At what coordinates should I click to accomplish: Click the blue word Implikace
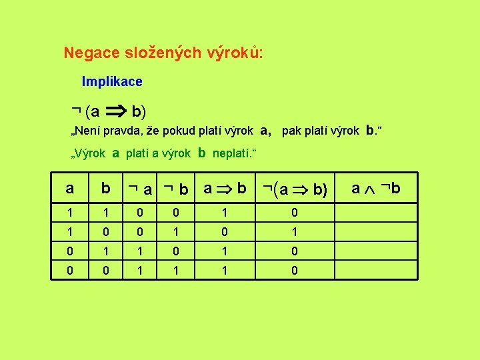click(x=112, y=82)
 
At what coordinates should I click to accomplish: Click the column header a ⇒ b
click(x=225, y=189)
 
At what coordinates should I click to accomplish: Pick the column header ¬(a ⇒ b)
click(x=295, y=190)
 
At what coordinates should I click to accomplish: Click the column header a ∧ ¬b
click(x=376, y=189)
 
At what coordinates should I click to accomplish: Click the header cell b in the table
click(x=105, y=189)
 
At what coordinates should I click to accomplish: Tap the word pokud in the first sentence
click(x=175, y=131)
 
